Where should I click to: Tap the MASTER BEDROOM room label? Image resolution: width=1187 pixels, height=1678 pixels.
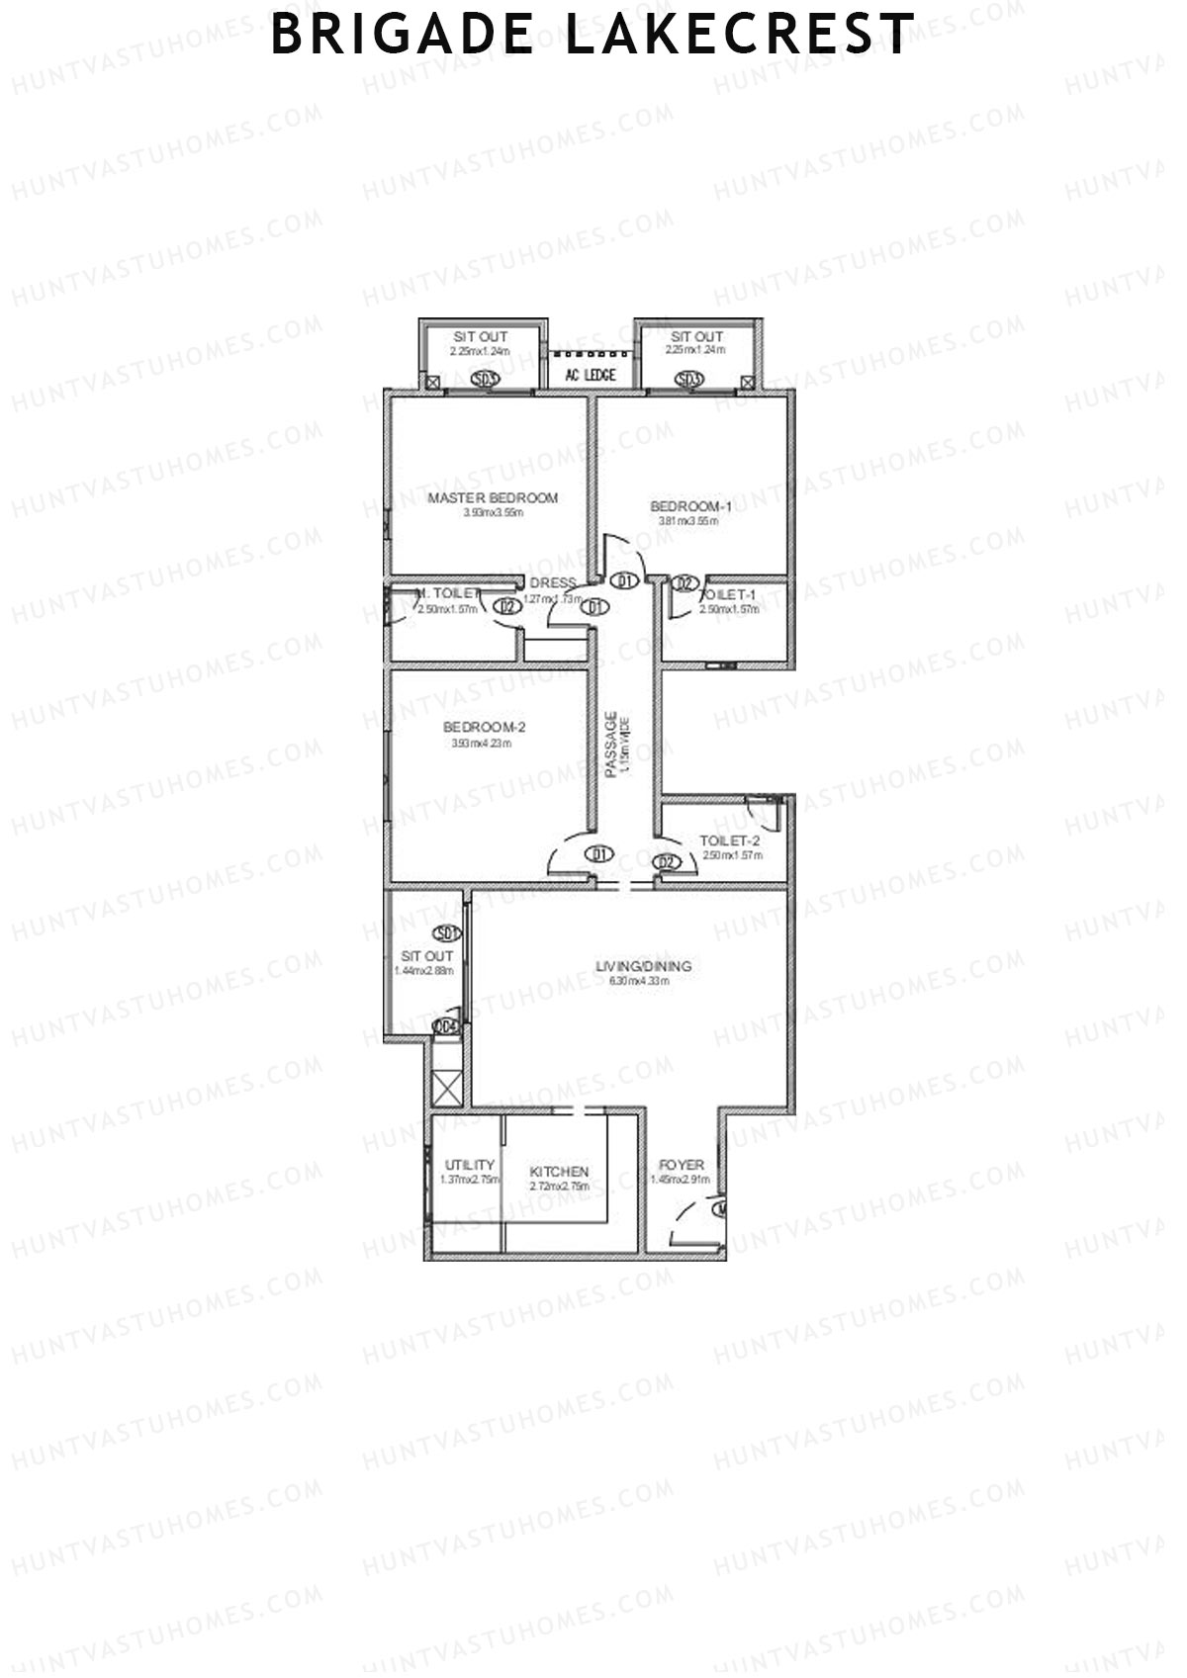[x=493, y=498]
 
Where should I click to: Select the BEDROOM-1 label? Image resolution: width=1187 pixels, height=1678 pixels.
[x=690, y=507]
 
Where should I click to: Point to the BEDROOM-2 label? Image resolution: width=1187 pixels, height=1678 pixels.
[x=484, y=728]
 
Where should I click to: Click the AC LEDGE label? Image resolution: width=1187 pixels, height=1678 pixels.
[x=591, y=375]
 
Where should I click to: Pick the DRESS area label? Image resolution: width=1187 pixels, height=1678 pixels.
[x=552, y=583]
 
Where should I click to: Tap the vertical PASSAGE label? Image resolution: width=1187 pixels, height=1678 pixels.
[x=611, y=744]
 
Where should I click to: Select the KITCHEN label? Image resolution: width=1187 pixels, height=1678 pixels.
[x=559, y=1172]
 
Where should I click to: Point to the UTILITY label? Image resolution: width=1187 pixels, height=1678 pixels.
[x=469, y=1165]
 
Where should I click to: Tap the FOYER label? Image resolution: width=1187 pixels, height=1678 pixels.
[x=682, y=1166]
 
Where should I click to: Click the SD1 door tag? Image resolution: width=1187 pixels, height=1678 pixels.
[x=447, y=932]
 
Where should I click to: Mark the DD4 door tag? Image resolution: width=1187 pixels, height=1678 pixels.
[x=447, y=1027]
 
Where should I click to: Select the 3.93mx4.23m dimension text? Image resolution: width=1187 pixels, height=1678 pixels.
[x=482, y=744]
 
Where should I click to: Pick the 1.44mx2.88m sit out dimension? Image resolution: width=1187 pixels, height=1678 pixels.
[x=423, y=971]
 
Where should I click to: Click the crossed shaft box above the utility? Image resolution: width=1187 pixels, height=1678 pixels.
[x=447, y=1090]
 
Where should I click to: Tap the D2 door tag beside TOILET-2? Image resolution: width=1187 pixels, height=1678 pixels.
[x=669, y=862]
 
